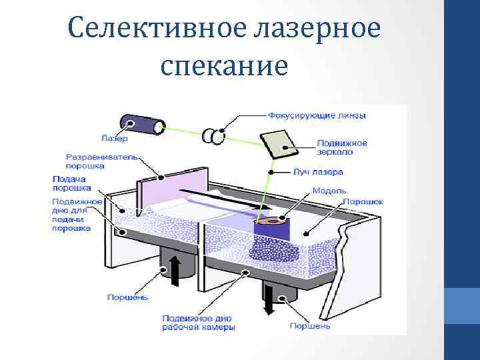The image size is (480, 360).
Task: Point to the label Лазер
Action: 114,139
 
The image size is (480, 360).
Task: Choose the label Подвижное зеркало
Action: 341,147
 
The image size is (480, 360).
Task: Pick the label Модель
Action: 329,190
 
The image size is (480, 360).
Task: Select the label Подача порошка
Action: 71,183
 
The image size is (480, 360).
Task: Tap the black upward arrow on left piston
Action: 176,270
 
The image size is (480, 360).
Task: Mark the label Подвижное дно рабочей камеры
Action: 198,323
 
